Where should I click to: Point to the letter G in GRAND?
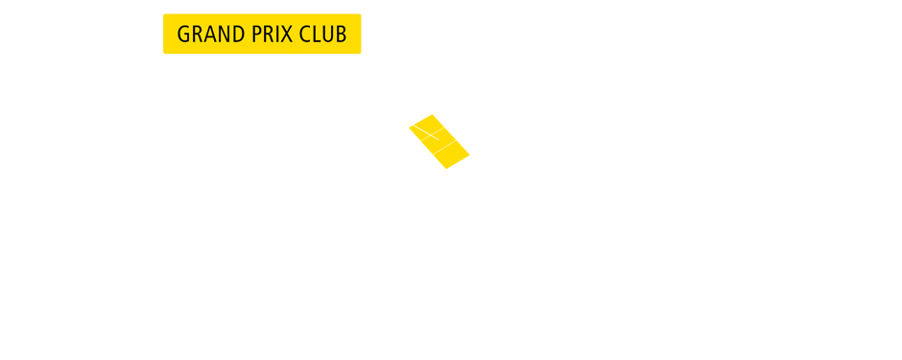(x=184, y=35)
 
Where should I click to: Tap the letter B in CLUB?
(x=341, y=35)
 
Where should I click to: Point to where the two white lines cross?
(x=429, y=135)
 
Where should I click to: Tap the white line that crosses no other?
(x=449, y=144)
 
